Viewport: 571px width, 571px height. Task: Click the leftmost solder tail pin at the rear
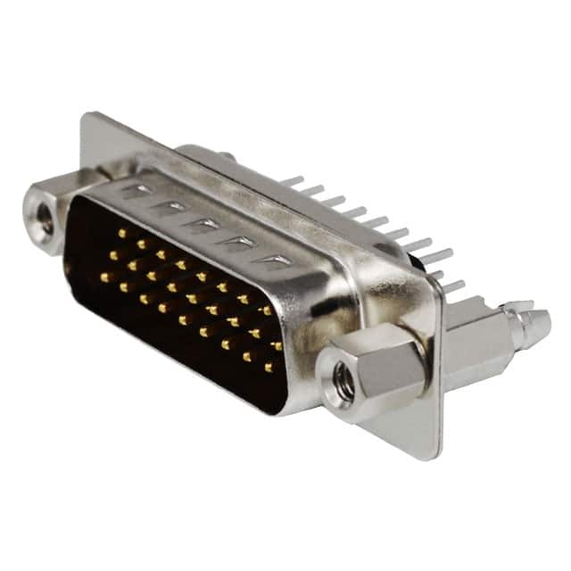point(291,181)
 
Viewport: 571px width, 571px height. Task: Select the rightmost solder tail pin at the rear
point(453,286)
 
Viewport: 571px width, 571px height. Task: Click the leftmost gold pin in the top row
point(121,233)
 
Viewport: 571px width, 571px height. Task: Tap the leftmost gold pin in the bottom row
point(103,277)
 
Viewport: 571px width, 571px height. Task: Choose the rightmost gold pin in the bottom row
point(269,366)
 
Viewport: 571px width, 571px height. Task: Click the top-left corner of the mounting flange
point(87,117)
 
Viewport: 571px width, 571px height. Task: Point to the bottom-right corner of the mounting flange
point(435,457)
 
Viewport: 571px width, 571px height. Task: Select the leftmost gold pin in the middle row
point(112,255)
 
